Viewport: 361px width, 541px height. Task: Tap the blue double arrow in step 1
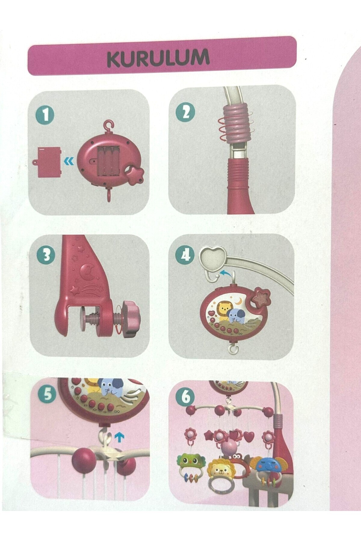(69, 162)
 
